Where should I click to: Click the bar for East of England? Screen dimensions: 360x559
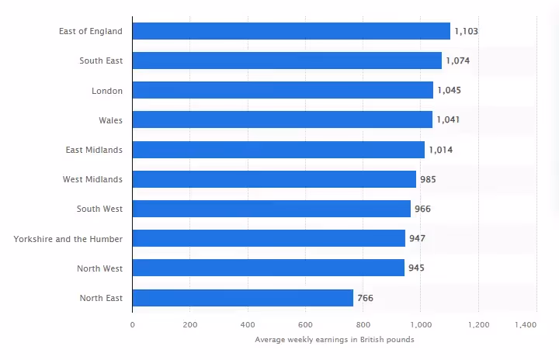291,31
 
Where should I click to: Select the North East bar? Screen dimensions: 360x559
242,297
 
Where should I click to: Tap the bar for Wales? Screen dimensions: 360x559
282,119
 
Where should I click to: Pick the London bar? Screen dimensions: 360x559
283,90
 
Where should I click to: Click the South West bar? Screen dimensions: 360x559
271,209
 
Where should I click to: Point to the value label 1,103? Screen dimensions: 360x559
467,31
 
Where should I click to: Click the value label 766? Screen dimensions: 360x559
366,297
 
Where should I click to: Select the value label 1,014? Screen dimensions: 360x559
441,150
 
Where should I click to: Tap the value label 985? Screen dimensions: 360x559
428,179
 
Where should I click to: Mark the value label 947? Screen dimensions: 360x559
417,238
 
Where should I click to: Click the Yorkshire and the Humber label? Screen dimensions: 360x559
68,238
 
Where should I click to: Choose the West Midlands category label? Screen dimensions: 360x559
92,179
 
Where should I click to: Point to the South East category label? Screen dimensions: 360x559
101,61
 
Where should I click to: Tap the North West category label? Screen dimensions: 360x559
99,268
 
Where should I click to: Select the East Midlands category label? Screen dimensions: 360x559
94,150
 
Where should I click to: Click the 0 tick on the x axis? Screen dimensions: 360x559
132,324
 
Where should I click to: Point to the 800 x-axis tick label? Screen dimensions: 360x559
363,324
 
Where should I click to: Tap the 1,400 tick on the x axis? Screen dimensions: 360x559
526,324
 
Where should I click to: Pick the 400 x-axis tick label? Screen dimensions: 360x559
248,324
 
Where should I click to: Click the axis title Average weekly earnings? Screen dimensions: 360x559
334,339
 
